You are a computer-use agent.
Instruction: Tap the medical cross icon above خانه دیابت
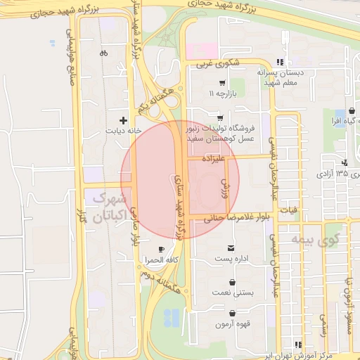tap(124, 120)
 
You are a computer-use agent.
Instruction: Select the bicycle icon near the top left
tap(103, 52)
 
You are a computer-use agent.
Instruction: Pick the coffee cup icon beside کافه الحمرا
tap(162, 250)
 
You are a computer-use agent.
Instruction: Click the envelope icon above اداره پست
tap(232, 247)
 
